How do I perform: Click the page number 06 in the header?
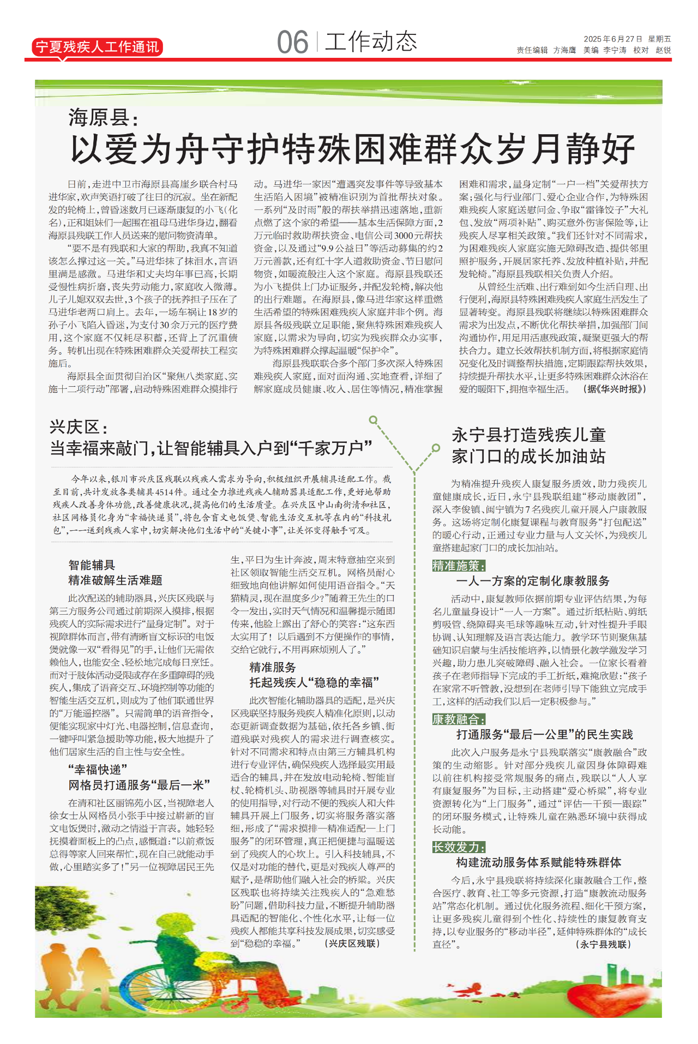292,43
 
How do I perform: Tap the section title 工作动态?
371,41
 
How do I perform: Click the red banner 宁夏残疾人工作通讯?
97,47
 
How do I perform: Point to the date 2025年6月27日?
613,39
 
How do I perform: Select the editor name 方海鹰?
564,50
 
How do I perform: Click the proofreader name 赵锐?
663,50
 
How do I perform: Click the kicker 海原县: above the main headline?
104,117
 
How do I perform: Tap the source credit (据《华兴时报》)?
615,389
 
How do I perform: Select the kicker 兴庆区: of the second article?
79,427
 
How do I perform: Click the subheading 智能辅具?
92,565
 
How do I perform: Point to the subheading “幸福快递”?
98,770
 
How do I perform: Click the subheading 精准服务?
273,667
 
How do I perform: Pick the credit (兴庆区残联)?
352,943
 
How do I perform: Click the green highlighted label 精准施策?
459,566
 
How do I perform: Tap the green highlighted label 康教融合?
459,719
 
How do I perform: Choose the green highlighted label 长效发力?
459,847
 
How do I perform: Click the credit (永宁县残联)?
603,944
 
